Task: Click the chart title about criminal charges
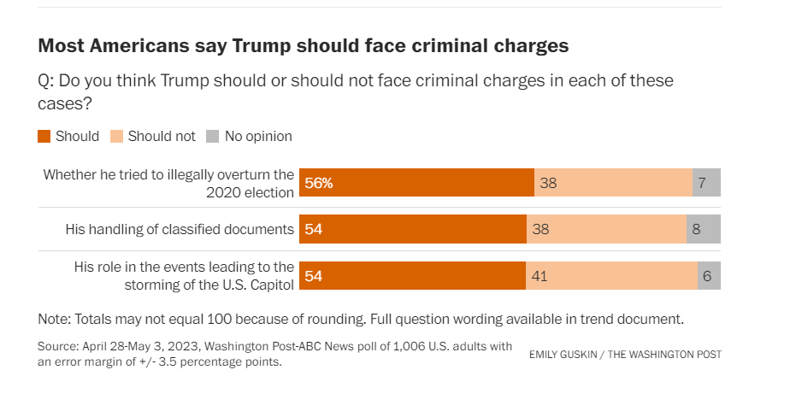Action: click(x=304, y=45)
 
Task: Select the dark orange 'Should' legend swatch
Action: click(x=44, y=136)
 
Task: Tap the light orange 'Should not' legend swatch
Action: click(x=117, y=136)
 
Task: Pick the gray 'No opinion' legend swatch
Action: click(x=213, y=136)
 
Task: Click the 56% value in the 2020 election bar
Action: click(x=319, y=183)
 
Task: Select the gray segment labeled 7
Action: click(x=706, y=183)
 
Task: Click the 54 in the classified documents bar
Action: click(x=313, y=229)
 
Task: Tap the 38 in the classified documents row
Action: click(x=540, y=229)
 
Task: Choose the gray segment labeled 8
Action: click(x=704, y=229)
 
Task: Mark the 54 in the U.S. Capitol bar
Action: click(x=313, y=276)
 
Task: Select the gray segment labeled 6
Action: click(x=709, y=276)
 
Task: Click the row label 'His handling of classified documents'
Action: click(x=180, y=229)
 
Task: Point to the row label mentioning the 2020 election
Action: click(x=168, y=183)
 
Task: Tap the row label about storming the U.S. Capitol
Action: click(x=184, y=275)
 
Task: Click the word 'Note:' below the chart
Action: click(x=55, y=320)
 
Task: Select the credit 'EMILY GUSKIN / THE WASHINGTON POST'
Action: click(x=625, y=354)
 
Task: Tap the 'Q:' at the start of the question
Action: click(x=47, y=81)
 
